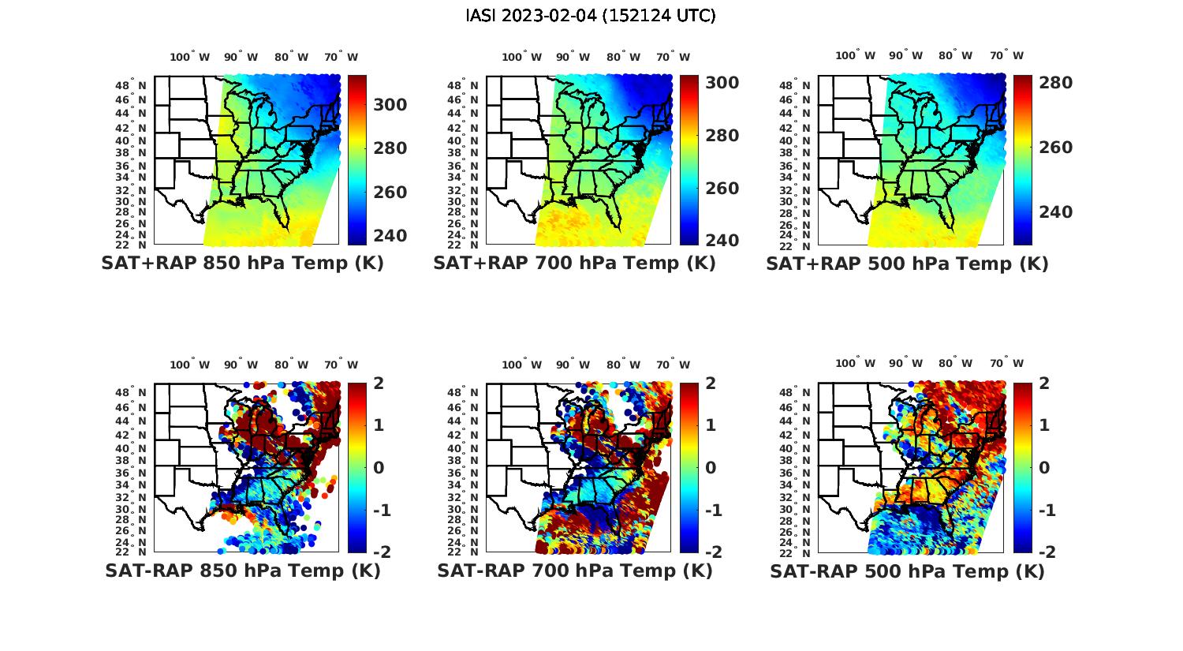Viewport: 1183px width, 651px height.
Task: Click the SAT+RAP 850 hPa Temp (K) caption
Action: point(242,264)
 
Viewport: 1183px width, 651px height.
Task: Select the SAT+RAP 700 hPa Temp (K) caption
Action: point(574,264)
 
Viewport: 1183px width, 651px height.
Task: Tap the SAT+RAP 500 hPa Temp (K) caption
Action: point(907,264)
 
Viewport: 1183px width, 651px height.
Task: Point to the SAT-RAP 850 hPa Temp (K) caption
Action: point(242,571)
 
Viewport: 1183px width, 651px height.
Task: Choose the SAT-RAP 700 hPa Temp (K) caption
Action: point(574,571)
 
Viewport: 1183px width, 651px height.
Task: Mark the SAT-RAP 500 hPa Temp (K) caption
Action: point(907,571)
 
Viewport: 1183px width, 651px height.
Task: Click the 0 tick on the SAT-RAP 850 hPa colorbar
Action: point(378,467)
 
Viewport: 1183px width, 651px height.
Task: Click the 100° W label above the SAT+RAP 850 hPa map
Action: point(190,57)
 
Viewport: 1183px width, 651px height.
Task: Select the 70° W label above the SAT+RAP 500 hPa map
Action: point(1006,55)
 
